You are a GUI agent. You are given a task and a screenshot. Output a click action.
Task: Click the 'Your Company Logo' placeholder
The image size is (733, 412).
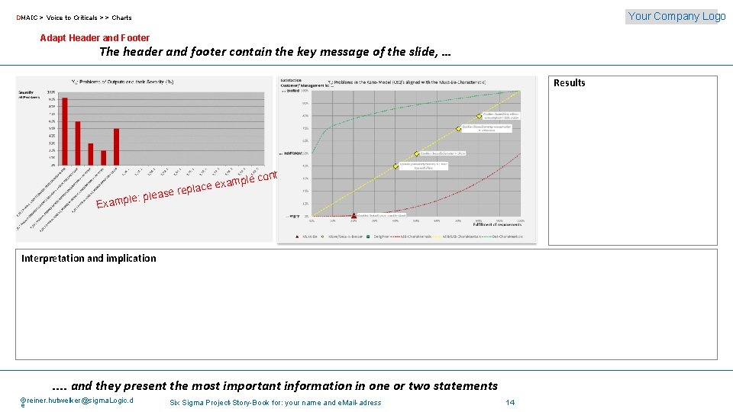click(676, 16)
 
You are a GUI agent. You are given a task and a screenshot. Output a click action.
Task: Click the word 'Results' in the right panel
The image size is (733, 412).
click(570, 83)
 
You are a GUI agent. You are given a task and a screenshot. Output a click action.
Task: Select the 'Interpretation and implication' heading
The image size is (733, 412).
click(89, 259)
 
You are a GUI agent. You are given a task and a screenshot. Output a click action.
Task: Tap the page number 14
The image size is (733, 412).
click(510, 402)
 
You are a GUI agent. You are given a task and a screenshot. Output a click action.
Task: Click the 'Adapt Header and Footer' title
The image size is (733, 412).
click(95, 38)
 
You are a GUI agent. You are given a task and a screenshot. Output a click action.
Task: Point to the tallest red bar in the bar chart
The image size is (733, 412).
click(65, 130)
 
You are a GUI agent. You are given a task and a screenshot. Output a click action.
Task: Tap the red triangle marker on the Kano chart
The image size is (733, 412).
click(354, 216)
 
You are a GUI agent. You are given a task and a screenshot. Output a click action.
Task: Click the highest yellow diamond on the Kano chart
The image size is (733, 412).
click(480, 116)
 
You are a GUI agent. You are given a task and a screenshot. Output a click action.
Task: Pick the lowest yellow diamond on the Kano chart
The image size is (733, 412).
click(396, 166)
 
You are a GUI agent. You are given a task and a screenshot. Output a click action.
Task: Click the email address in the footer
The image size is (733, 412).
click(76, 401)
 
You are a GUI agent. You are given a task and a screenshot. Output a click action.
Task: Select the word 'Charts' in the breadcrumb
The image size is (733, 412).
click(121, 18)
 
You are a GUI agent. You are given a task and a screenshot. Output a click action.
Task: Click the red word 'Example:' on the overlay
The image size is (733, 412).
click(117, 201)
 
